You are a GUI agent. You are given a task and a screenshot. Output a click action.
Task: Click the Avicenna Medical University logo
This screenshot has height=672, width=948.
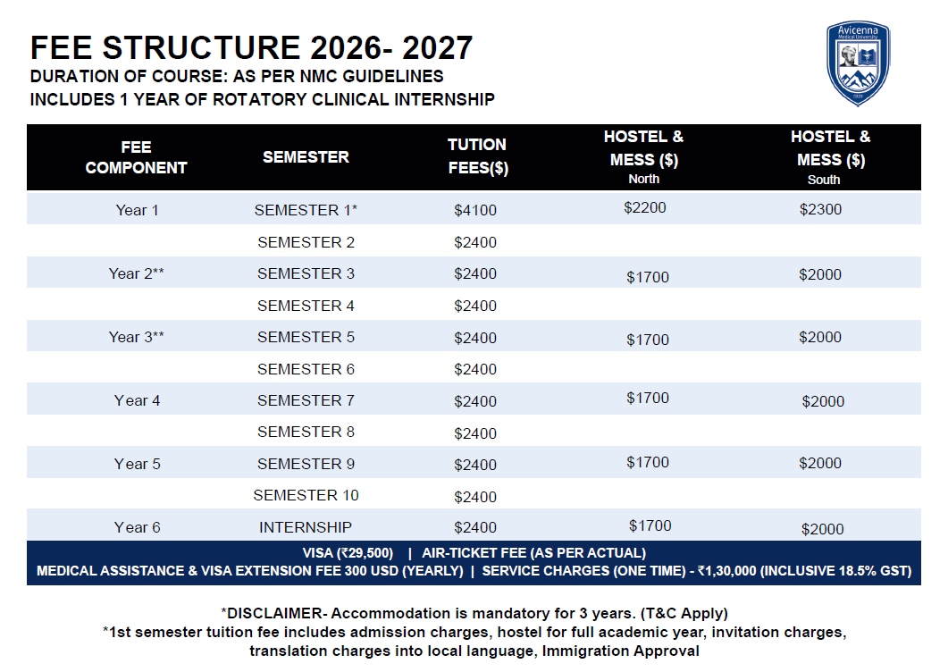[858, 63]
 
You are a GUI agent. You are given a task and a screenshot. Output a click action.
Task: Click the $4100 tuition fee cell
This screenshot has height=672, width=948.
[475, 210]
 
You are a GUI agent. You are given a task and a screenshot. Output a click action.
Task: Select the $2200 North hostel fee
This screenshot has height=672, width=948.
[644, 207]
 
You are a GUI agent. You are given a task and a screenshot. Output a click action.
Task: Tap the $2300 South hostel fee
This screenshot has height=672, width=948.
[820, 209]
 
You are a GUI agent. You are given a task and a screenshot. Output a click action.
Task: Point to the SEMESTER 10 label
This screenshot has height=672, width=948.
[306, 495]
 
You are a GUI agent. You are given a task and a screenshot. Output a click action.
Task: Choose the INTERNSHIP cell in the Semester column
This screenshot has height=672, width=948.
[306, 527]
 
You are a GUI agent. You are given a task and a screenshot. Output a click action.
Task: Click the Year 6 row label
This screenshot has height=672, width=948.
[138, 527]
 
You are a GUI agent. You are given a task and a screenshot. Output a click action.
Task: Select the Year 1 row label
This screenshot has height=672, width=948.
[138, 210]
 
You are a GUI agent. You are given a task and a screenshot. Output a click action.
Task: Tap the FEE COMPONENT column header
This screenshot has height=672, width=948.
[136, 157]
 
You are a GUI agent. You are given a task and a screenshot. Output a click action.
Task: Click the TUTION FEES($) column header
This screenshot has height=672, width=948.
[478, 156]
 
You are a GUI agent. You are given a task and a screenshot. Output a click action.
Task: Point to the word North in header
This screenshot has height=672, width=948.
[644, 179]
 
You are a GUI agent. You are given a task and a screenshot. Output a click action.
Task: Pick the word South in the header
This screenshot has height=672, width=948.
[824, 180]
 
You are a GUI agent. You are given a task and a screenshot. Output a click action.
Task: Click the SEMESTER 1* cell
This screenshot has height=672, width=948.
[306, 210]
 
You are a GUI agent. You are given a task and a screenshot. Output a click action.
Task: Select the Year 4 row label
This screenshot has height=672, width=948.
[138, 400]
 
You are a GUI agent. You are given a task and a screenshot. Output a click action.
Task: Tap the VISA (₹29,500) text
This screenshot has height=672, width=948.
[348, 553]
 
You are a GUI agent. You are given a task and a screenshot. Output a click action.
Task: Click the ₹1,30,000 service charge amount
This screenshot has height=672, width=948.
[726, 571]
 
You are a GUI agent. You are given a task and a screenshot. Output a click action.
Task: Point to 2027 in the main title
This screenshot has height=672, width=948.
[437, 47]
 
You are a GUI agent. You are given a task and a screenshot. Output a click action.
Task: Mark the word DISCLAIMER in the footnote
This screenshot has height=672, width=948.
[274, 613]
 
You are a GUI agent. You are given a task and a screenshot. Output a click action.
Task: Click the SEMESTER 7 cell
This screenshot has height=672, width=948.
[306, 400]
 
